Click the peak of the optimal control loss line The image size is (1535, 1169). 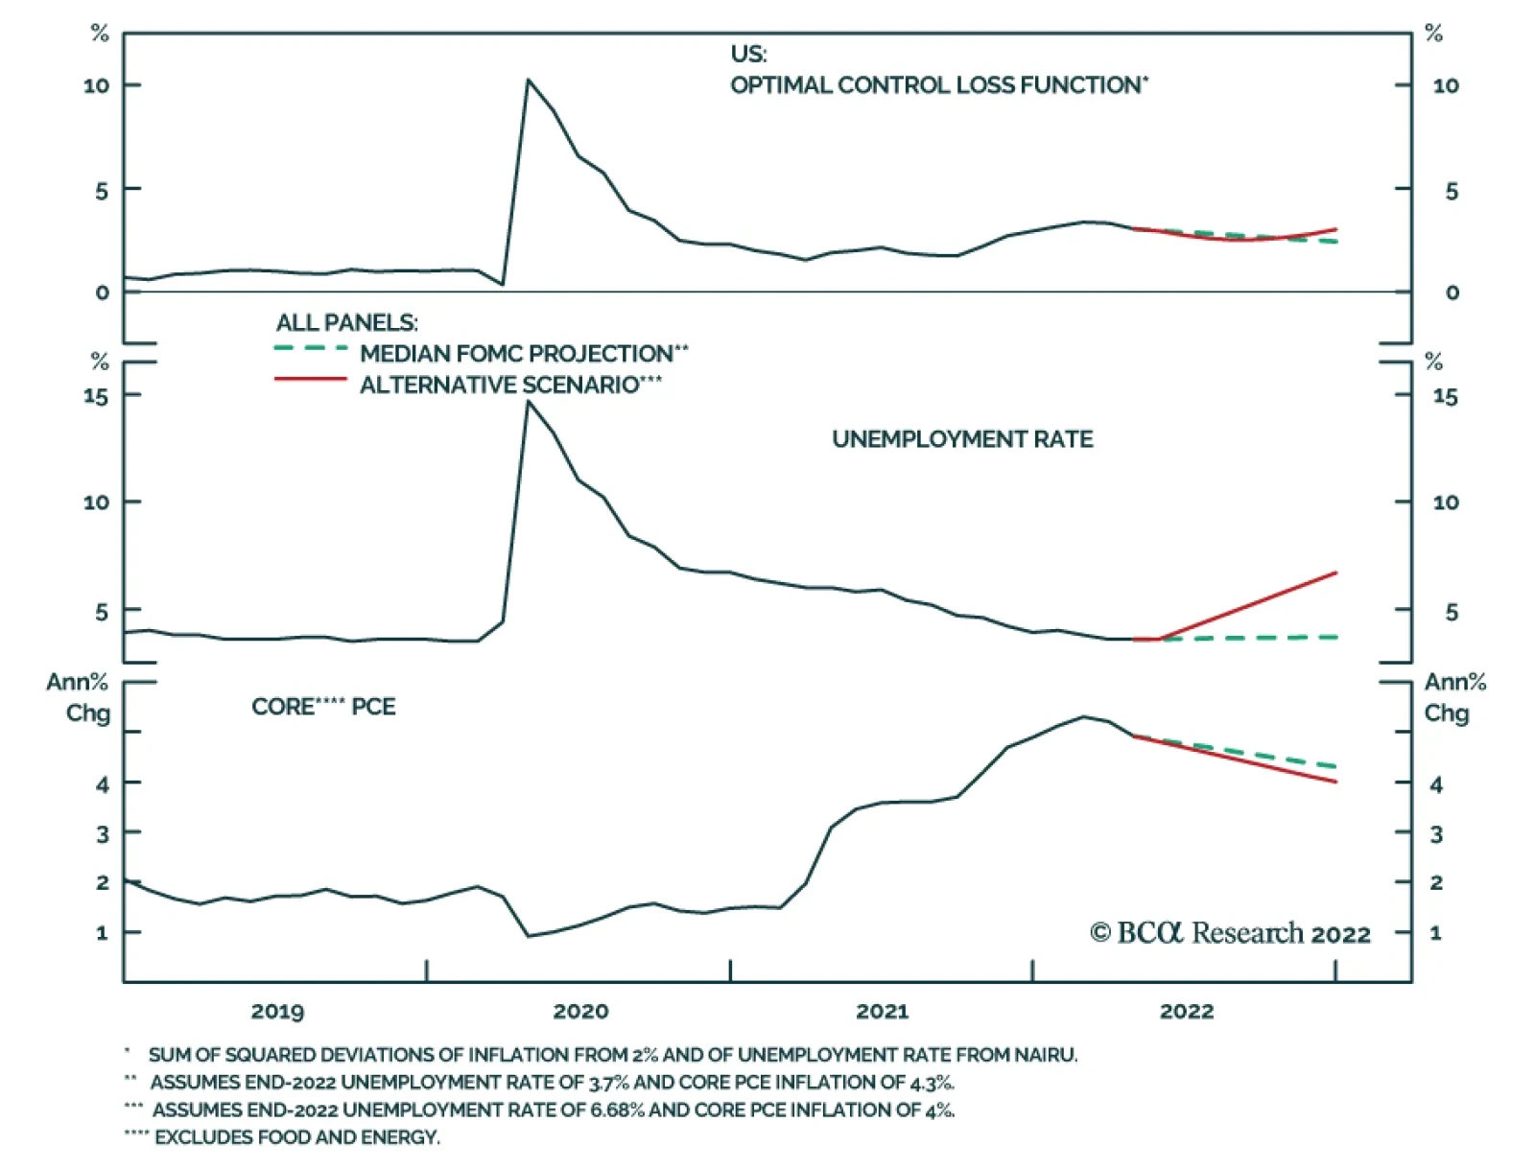coord(528,81)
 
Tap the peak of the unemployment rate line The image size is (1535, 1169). coord(528,402)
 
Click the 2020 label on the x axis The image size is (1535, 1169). coord(580,1011)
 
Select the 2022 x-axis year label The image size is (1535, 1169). coord(1187,1011)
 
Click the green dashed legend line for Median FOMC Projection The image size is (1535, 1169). coord(310,349)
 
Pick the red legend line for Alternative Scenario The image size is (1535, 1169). coord(310,381)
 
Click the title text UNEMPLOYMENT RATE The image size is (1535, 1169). coord(962,439)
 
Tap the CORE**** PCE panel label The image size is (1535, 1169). coord(323,707)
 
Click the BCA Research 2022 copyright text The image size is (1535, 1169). coord(1230,933)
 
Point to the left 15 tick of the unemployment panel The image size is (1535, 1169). coord(96,395)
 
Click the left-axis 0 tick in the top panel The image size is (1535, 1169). coord(103,292)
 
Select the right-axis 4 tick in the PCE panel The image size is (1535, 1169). coord(1435,784)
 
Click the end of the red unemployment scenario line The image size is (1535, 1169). coord(1335,573)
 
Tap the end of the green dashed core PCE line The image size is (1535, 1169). coord(1335,767)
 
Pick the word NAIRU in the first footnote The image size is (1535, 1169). coord(1046,1055)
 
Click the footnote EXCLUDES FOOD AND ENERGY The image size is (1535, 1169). coord(297,1137)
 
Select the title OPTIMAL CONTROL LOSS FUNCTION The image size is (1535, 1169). coord(938,85)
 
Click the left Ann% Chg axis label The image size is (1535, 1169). coord(79,697)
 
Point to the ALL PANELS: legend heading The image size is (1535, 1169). coord(346,322)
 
